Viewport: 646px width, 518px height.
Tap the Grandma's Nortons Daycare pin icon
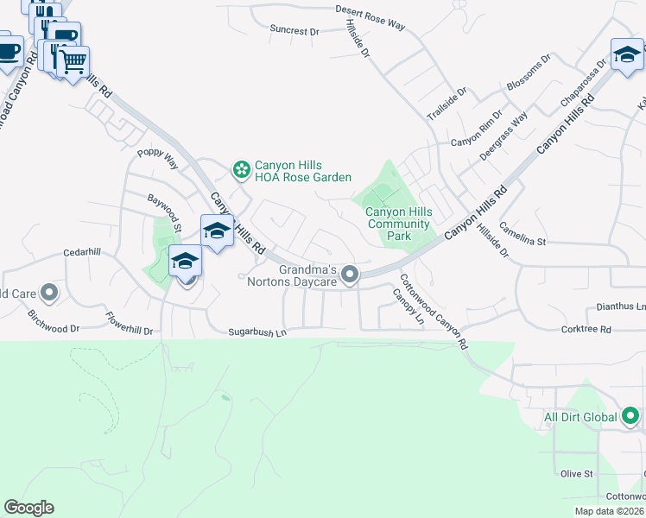tap(350, 275)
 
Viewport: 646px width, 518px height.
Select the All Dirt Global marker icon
tap(630, 417)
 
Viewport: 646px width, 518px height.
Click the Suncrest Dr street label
tap(294, 30)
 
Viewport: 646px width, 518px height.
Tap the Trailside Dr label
tap(446, 103)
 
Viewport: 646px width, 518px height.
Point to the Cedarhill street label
tap(82, 253)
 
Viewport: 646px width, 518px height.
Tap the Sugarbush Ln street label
tap(256, 332)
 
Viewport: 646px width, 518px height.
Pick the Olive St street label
tap(577, 474)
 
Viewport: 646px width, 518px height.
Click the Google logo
tap(28, 508)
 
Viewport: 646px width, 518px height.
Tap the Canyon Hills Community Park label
tap(398, 224)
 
